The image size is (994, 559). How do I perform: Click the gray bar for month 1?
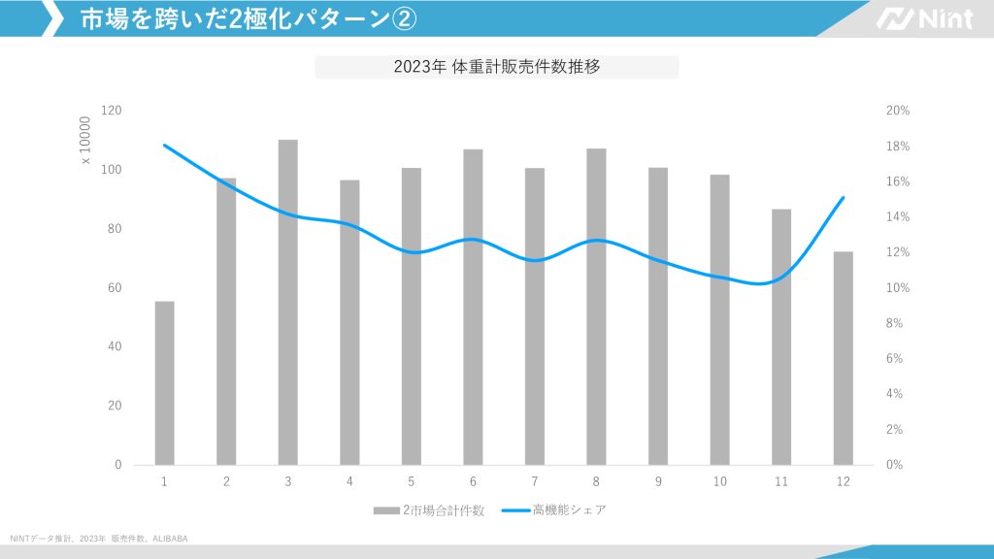[165, 382]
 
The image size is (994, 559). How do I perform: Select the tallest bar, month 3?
[288, 302]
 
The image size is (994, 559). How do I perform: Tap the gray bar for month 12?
[844, 358]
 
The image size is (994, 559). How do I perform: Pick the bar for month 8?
[596, 307]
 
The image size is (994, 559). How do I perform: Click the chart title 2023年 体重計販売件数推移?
[496, 67]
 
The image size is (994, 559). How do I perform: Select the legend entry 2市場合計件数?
[429, 510]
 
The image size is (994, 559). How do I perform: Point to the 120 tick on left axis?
[112, 111]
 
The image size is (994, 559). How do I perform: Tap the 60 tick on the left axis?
[115, 288]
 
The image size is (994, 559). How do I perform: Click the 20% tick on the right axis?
[898, 111]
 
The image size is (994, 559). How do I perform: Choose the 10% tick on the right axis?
[898, 288]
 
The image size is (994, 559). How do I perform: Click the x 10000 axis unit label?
[84, 141]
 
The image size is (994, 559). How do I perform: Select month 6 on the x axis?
[473, 481]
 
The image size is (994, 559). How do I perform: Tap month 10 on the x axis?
[719, 481]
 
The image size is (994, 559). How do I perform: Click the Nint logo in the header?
[923, 18]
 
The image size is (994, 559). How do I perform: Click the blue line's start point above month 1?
[165, 146]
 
